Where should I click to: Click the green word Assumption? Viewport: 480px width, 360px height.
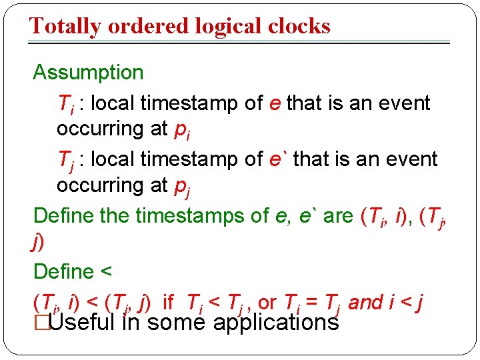tap(88, 72)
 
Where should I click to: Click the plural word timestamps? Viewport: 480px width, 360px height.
tap(178, 216)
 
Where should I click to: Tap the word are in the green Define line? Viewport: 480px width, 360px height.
tap(337, 216)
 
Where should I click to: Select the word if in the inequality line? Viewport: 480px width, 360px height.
tap(168, 303)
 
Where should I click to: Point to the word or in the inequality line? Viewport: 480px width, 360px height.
tap(267, 303)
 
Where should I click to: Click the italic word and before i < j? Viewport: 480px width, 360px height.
tap(365, 303)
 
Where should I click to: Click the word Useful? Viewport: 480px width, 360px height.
tap(83, 323)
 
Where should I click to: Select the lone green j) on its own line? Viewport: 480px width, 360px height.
tap(38, 244)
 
